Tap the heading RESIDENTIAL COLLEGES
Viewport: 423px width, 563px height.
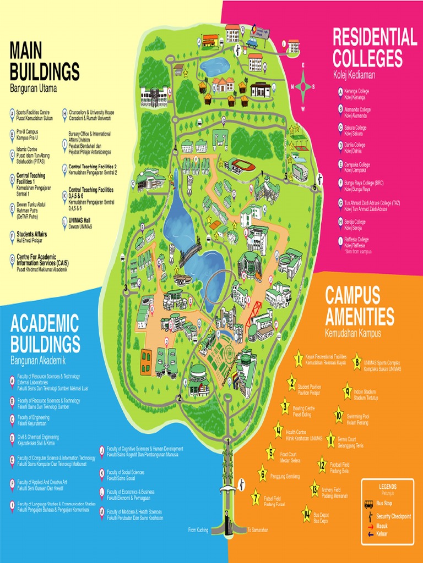(375, 47)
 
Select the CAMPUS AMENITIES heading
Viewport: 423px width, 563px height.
(360, 306)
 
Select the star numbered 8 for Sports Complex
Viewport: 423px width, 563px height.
(356, 362)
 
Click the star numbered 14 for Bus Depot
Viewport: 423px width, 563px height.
(306, 515)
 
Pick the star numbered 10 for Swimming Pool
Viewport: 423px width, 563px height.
(339, 415)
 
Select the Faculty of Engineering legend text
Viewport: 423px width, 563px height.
(33, 421)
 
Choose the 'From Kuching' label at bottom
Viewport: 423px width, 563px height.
(198, 530)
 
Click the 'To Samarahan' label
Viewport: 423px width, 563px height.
(257, 530)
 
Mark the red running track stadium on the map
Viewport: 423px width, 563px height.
(241, 164)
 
